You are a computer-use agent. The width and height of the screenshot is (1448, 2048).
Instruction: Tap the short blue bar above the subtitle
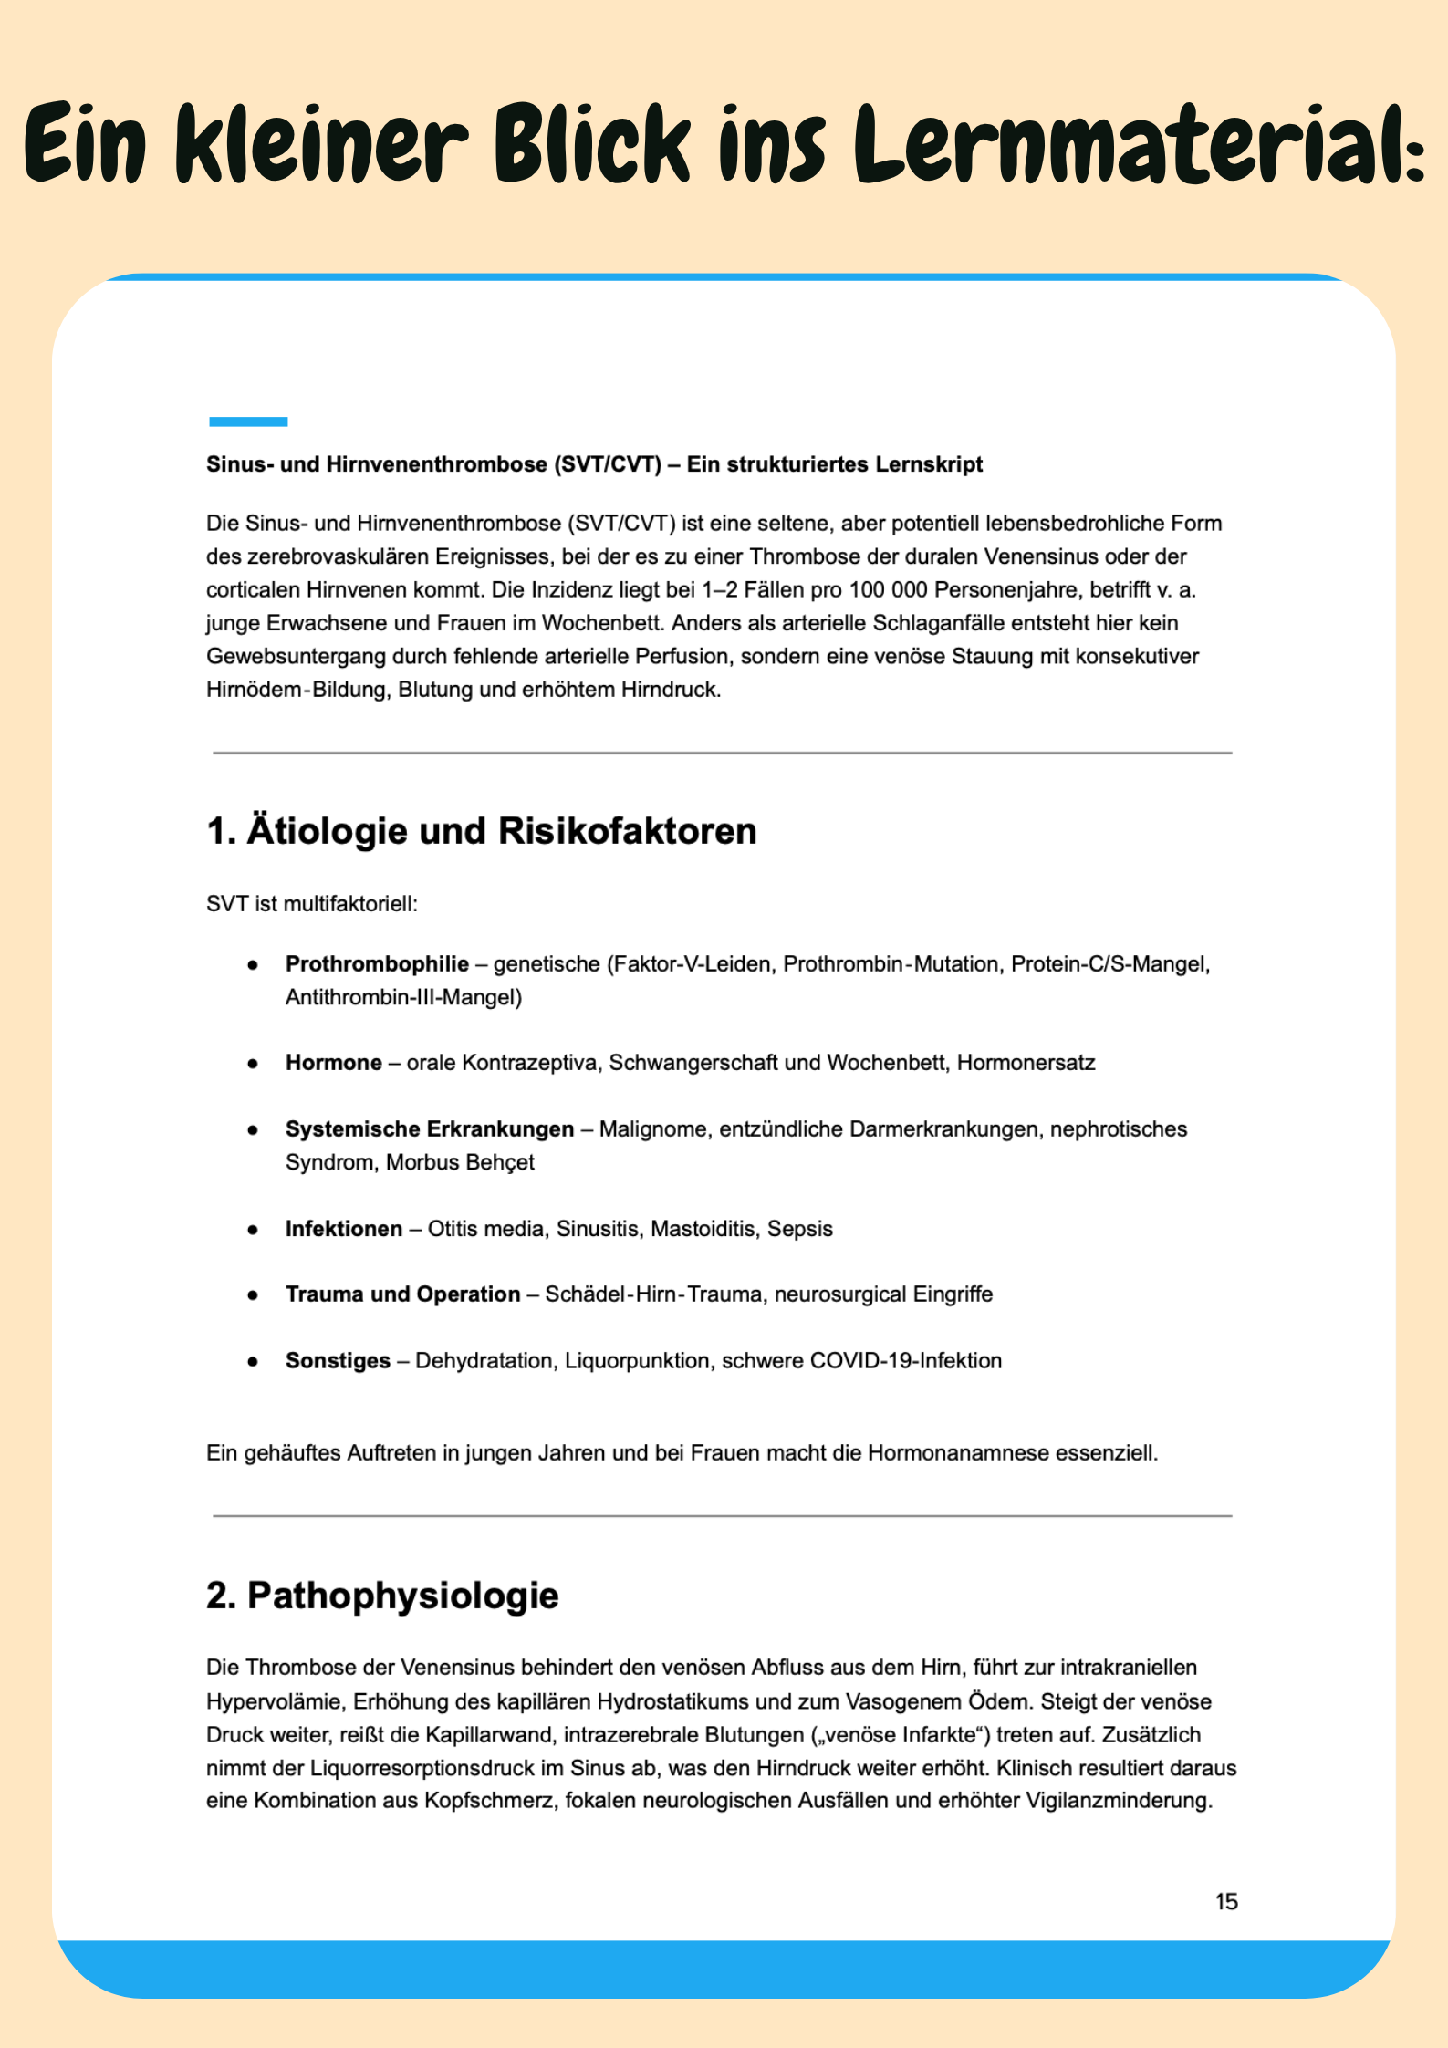point(248,421)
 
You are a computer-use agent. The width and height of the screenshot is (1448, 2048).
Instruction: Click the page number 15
point(1226,1901)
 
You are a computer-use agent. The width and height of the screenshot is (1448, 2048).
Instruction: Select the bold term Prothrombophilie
point(377,964)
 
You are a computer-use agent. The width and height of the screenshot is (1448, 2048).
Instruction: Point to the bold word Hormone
point(333,1063)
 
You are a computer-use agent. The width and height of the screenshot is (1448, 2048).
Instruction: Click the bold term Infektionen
point(344,1229)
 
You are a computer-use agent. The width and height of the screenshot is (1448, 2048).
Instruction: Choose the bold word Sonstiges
point(338,1361)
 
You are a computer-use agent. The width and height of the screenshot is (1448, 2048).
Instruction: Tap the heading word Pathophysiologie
point(402,1596)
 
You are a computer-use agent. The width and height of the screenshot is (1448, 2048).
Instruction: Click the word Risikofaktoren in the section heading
point(628,831)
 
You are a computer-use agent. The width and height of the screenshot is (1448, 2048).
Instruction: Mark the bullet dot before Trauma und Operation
point(253,1295)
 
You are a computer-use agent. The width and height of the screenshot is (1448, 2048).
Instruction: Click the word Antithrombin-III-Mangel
point(403,998)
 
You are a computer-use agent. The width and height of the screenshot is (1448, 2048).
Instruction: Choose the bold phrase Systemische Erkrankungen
point(430,1129)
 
